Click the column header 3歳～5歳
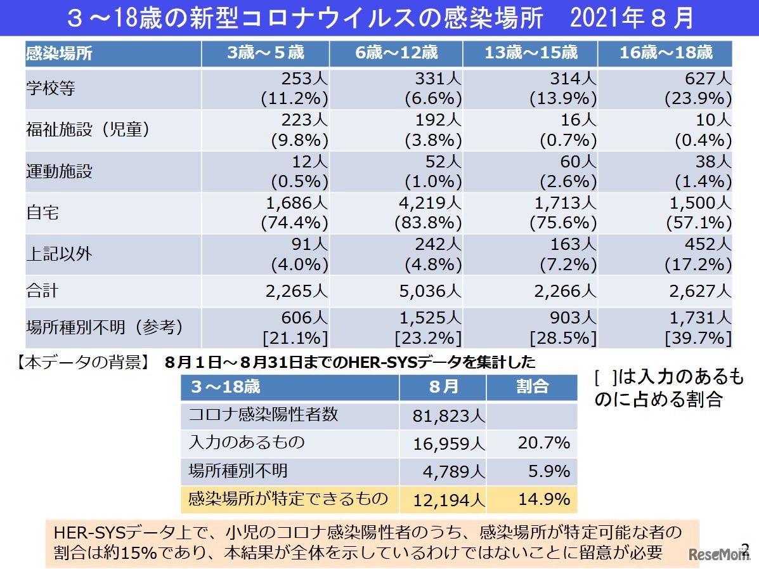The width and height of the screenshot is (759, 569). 265,53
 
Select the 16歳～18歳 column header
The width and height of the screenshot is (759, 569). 665,53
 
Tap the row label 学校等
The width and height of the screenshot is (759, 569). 51,88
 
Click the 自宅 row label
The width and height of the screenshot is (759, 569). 42,213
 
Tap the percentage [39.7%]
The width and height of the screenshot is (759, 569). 698,338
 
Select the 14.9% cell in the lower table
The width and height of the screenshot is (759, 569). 543,499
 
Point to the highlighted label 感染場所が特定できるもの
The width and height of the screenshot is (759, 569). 289,499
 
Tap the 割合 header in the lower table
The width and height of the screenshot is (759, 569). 531,386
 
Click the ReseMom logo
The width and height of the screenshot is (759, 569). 720,553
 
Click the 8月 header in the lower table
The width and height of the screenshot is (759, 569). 443,386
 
